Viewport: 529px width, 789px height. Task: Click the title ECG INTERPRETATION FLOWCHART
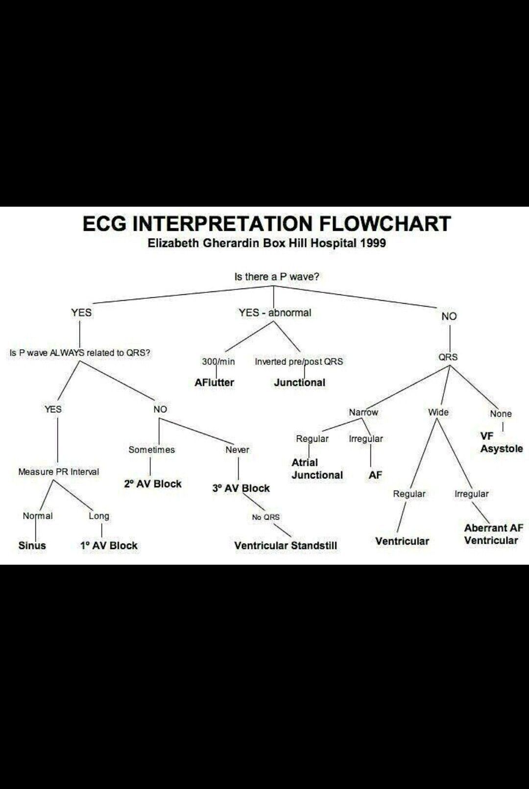[266, 224]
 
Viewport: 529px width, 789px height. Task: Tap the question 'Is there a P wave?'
[277, 277]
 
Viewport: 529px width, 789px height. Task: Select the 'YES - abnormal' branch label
[275, 312]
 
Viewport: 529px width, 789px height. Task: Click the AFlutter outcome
[214, 383]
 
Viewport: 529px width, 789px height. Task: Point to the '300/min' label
[218, 362]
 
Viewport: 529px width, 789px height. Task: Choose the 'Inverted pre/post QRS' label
[299, 362]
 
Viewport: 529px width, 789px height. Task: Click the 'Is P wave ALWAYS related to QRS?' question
[80, 353]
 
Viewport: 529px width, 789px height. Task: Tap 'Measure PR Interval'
[58, 472]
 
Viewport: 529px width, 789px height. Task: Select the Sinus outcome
[32, 546]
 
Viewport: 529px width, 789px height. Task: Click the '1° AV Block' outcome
[109, 546]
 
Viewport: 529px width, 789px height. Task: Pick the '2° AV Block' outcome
[152, 484]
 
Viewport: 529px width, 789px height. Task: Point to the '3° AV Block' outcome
[240, 488]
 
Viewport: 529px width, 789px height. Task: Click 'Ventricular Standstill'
[286, 546]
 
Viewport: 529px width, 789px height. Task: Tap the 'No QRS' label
[265, 517]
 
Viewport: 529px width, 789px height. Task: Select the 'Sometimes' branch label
[151, 450]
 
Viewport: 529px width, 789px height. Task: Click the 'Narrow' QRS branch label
[363, 412]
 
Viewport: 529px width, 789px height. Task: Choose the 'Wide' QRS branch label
[438, 412]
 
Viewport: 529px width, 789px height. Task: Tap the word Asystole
[501, 449]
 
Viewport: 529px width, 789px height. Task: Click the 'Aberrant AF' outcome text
[493, 528]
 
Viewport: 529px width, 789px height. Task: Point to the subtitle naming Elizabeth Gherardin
[266, 243]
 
